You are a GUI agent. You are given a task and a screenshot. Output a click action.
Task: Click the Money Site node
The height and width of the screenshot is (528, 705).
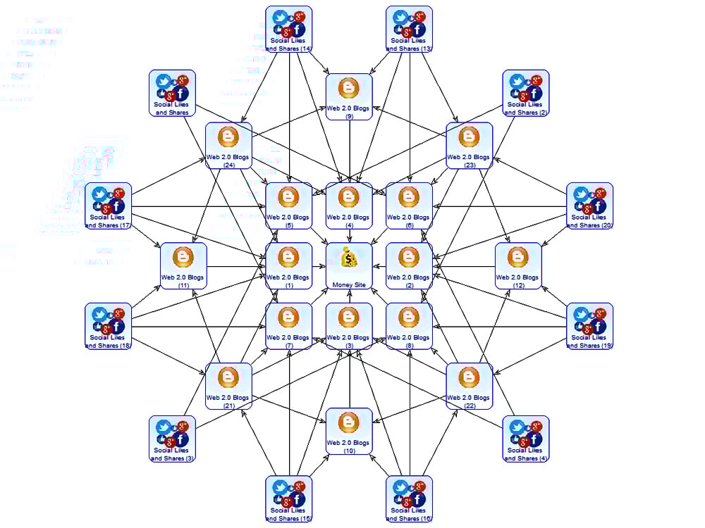click(x=349, y=266)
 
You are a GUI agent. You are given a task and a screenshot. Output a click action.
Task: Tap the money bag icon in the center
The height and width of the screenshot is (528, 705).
click(x=349, y=258)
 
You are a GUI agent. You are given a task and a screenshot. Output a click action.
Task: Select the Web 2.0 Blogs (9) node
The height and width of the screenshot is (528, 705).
click(x=349, y=96)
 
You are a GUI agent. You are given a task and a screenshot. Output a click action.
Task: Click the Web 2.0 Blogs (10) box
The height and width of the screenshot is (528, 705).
click(x=349, y=431)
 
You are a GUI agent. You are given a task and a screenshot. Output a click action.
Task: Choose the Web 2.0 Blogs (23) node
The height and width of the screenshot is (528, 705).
click(x=470, y=146)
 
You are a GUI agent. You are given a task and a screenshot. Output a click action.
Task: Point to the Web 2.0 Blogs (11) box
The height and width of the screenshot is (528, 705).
click(x=183, y=266)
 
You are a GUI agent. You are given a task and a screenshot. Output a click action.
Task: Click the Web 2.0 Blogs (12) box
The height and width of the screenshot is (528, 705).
click(x=518, y=266)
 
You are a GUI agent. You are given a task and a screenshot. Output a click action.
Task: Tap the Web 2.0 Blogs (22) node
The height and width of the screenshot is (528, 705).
click(x=470, y=386)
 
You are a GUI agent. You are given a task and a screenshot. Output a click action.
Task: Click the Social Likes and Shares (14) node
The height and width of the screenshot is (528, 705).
click(x=289, y=29)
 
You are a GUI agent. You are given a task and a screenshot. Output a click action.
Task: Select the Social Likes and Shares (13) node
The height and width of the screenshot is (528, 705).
click(x=410, y=29)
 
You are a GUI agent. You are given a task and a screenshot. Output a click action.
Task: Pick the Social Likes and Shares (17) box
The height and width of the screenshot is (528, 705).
click(x=109, y=206)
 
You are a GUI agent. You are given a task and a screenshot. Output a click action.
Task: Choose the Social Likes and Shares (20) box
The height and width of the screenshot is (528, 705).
click(x=590, y=206)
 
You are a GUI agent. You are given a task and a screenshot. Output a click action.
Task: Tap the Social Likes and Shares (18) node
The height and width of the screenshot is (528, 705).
click(x=109, y=326)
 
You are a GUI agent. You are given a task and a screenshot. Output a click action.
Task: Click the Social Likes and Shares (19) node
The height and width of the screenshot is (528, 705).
click(x=590, y=326)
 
